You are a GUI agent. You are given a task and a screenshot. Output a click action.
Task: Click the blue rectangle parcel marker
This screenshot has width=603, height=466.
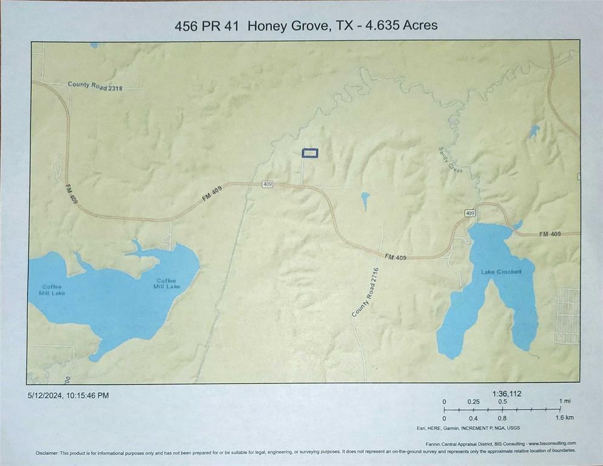310,154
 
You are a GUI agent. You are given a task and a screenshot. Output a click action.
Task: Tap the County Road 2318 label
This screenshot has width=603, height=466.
95,86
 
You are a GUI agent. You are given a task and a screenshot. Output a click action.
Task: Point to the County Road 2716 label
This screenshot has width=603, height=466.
365,292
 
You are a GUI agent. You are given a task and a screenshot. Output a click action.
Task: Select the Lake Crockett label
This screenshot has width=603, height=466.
501,272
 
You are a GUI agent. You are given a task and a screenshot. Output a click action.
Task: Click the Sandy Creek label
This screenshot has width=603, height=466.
450,161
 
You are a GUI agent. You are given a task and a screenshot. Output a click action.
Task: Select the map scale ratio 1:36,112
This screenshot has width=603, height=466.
507,394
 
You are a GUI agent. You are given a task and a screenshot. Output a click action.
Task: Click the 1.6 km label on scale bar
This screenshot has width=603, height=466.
565,417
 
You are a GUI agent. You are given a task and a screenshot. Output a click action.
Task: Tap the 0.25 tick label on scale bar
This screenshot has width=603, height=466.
474,402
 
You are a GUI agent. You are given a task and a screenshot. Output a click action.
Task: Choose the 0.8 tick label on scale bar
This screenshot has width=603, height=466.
503,417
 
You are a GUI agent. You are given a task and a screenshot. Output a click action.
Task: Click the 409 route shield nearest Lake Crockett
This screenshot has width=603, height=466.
470,213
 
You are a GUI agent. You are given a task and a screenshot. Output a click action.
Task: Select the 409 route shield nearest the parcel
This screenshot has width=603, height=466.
268,184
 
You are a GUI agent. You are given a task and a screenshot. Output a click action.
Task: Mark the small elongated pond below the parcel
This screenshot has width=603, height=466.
365,200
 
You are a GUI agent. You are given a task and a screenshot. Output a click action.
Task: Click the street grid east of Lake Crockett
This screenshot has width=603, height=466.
568,316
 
